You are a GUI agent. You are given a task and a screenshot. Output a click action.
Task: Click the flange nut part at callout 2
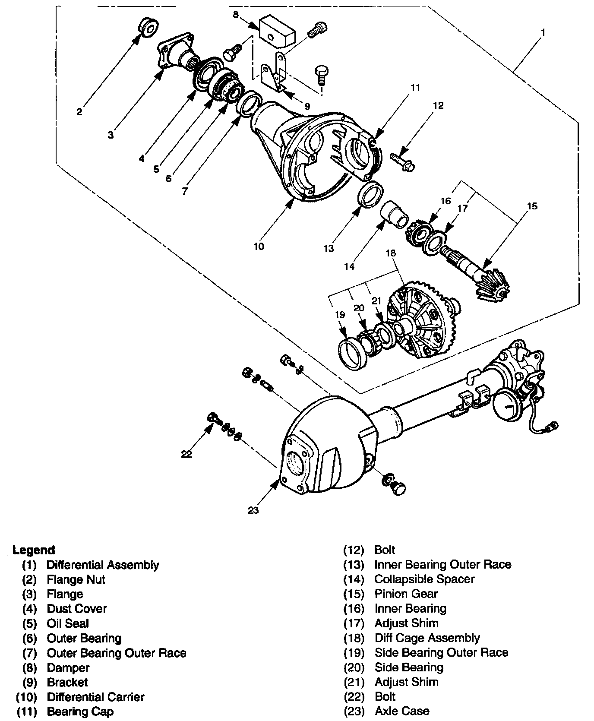[148, 28]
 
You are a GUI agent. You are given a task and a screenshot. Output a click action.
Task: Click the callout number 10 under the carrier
[258, 247]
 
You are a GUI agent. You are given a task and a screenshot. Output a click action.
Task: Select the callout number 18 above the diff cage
[390, 253]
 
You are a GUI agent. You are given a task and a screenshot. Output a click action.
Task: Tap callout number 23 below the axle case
[253, 510]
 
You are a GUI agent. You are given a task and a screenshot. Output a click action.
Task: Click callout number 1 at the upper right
[543, 32]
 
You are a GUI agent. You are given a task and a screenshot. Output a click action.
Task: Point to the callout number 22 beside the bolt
[186, 454]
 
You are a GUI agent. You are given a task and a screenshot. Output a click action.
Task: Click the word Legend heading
[34, 550]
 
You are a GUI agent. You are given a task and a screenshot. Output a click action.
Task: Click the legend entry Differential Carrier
[95, 697]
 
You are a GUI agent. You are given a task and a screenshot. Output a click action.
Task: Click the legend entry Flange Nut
[76, 579]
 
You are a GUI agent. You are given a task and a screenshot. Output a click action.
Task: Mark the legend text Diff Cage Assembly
[427, 638]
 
